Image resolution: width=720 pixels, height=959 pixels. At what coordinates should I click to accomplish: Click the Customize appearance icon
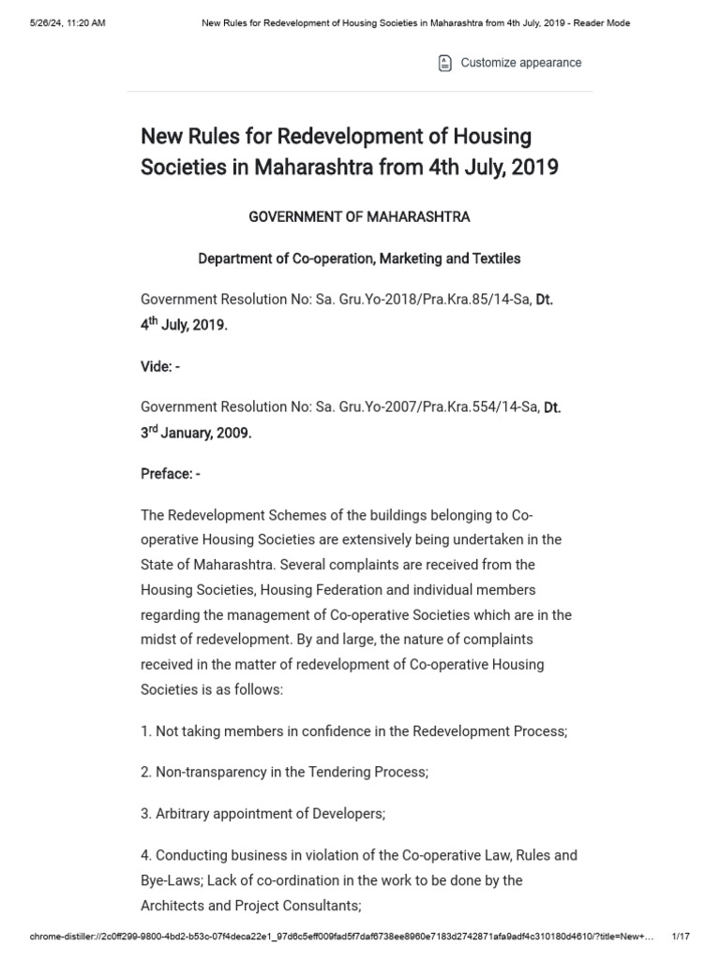tap(444, 63)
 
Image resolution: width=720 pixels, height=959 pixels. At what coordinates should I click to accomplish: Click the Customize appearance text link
tap(520, 63)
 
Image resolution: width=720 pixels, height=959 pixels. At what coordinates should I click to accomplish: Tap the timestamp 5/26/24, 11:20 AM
tap(67, 23)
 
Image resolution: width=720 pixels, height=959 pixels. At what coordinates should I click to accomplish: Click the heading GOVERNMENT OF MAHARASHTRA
tap(359, 217)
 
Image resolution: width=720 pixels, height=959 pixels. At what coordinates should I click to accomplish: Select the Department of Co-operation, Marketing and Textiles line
tap(359, 258)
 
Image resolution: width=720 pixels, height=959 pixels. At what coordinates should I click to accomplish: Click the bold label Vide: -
tap(160, 367)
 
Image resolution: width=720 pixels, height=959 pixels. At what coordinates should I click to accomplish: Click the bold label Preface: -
tap(171, 474)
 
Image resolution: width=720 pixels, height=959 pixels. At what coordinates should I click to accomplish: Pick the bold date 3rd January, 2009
tap(196, 434)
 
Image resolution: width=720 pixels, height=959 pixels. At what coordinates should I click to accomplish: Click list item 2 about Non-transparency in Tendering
tap(284, 773)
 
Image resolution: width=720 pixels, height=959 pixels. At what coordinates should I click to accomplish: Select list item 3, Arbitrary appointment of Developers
tap(262, 814)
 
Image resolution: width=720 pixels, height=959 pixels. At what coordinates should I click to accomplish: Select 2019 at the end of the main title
tap(533, 169)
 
